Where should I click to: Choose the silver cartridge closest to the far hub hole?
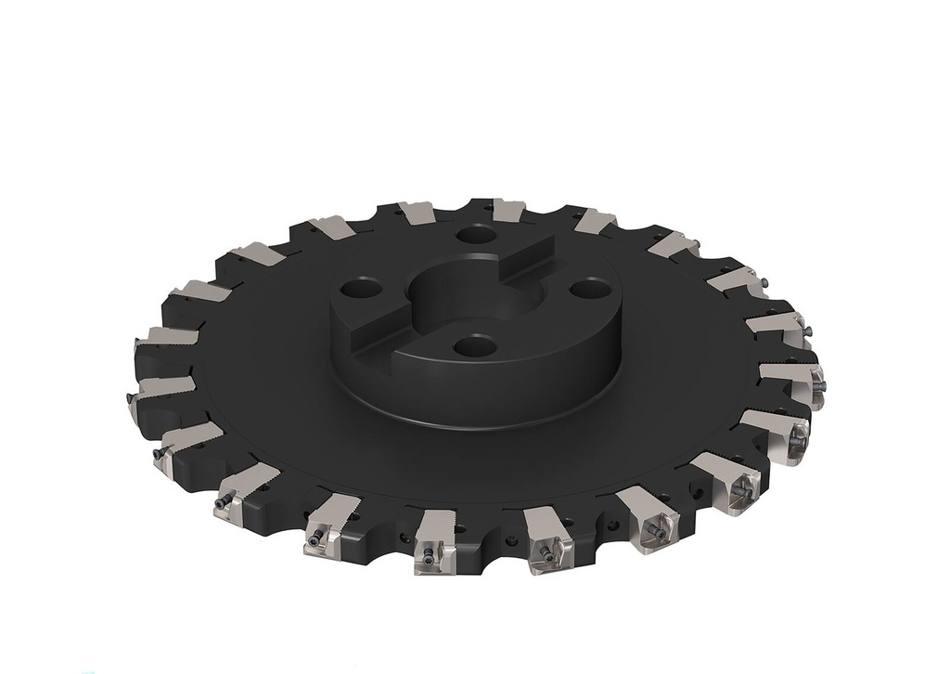[x=507, y=211]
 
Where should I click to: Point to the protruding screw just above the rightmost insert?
[x=806, y=331]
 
